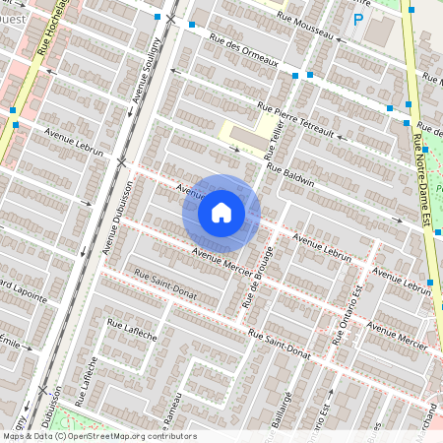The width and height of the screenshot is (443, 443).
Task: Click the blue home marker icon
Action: point(221,213)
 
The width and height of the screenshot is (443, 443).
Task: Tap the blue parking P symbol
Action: point(358,18)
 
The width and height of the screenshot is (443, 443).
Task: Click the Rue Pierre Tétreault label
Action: point(295,120)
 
